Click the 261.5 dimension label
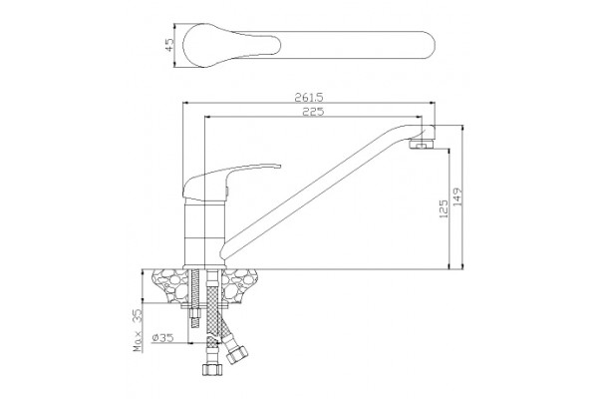(309, 98)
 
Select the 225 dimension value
(313, 112)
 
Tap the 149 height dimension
(457, 198)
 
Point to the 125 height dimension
(444, 208)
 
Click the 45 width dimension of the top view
(169, 45)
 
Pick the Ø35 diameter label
(162, 337)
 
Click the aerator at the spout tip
(422, 145)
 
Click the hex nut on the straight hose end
(211, 369)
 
